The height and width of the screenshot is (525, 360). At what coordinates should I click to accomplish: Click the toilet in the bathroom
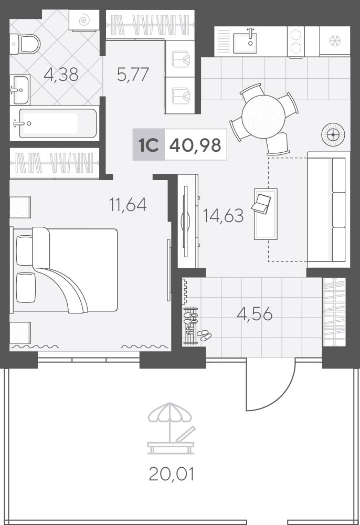tap(25, 44)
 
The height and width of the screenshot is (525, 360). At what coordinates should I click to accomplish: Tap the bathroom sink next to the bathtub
tap(20, 90)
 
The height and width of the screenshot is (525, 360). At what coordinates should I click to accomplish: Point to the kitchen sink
tap(245, 41)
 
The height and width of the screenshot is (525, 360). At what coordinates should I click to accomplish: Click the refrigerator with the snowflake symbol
tap(335, 41)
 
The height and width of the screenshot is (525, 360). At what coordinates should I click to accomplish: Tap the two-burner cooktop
tap(296, 42)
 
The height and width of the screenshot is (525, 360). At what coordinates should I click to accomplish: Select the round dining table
tap(263, 116)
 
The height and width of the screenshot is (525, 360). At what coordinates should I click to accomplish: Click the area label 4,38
tap(61, 75)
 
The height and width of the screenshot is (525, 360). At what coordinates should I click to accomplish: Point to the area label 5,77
tap(133, 75)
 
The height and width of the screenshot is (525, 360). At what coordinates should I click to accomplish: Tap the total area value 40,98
tap(195, 145)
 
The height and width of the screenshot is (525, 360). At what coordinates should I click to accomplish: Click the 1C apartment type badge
tap(149, 145)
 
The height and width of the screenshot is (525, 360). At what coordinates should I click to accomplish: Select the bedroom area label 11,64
tap(128, 204)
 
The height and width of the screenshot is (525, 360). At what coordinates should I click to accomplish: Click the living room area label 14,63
tap(223, 215)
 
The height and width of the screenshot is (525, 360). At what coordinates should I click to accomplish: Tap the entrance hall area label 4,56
tap(255, 314)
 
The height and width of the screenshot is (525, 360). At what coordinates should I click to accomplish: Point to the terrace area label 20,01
tap(171, 474)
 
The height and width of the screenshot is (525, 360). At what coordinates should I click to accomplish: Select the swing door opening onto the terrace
tap(271, 384)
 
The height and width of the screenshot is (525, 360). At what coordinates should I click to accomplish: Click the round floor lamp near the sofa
tap(333, 134)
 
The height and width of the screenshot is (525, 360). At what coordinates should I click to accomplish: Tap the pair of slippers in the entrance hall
tap(204, 335)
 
